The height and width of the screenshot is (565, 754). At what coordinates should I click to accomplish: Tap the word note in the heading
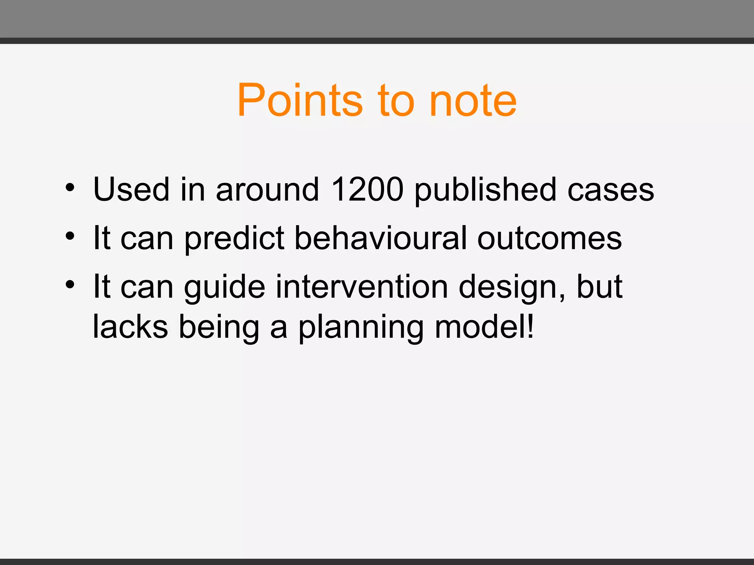473,100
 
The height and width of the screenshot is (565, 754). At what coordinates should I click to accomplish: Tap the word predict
234,238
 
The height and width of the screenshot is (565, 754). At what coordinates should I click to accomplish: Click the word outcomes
549,238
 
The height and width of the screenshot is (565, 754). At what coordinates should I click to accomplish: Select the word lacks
130,327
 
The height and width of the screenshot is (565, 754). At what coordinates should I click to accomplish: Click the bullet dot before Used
70,188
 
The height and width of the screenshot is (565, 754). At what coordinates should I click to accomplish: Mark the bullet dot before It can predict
70,236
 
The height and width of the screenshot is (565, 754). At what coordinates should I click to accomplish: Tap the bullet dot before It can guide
70,285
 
